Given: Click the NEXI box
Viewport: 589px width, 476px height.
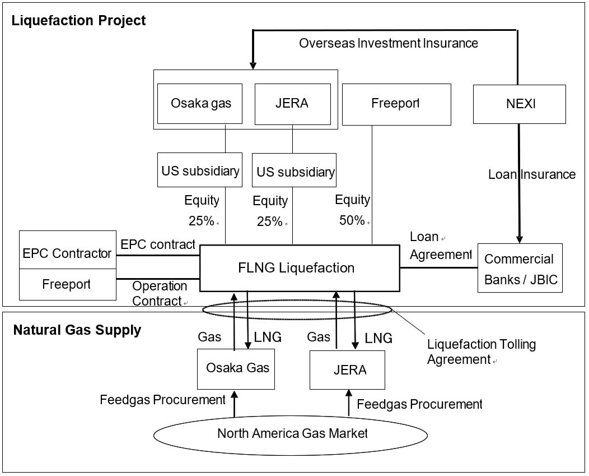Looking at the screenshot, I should click(519, 104).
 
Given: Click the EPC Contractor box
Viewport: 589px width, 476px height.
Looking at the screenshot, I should click(67, 253).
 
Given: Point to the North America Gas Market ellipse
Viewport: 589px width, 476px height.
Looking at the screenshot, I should click(292, 433).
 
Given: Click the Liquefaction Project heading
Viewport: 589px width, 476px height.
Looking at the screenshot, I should click(79, 21).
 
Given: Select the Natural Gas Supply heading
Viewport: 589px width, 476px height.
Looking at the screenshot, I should click(77, 330).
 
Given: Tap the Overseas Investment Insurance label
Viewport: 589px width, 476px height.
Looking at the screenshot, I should click(388, 43).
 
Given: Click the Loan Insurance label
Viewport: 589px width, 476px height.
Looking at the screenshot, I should click(531, 174).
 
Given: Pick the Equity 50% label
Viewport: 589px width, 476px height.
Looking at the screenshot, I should click(352, 210).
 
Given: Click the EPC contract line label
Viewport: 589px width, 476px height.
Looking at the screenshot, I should click(157, 244).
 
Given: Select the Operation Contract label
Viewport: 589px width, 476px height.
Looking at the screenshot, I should click(159, 294).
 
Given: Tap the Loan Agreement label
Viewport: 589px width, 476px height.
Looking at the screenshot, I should click(440, 246).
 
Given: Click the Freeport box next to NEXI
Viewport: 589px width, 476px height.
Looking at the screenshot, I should click(396, 104).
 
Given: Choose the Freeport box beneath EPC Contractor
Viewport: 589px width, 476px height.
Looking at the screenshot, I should click(67, 284).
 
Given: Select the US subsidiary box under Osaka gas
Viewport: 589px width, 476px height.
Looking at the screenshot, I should click(200, 170).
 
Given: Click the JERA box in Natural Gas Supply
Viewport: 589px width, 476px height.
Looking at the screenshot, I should click(347, 370).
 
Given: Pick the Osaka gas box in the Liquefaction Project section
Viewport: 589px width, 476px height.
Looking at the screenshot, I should click(200, 104).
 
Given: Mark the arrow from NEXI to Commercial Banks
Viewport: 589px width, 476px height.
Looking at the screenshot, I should click(519, 185).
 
